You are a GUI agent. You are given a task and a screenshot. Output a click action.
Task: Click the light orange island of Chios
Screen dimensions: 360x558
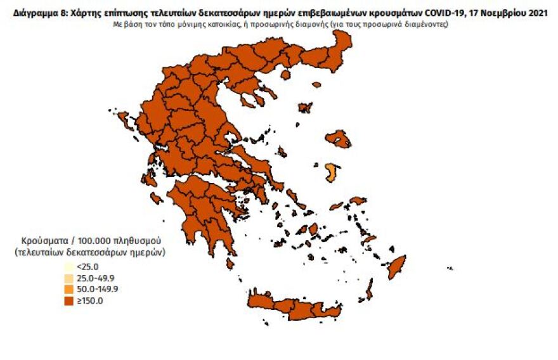coord(331,172)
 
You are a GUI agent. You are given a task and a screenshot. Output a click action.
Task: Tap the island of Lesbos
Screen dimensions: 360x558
coord(338,139)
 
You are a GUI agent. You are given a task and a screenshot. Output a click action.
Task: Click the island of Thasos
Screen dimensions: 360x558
coord(285,74)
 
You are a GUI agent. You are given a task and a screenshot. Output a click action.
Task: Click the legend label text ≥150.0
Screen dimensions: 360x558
coord(88,301)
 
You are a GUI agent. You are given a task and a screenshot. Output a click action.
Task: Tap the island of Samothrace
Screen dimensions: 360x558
coord(316,84)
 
